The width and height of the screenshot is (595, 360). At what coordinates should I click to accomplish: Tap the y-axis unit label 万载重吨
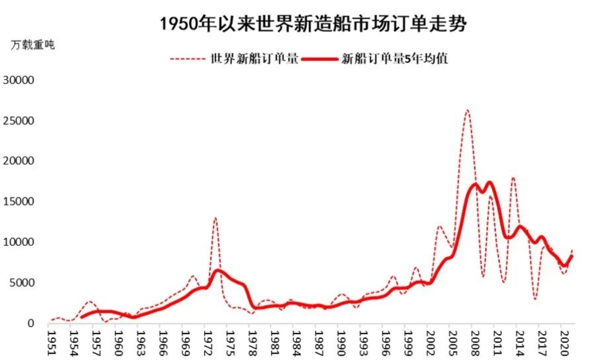coord(33,45)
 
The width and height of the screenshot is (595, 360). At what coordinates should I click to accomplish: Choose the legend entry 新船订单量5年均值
coord(395,59)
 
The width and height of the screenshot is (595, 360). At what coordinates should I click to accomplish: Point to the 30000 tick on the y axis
coord(18,80)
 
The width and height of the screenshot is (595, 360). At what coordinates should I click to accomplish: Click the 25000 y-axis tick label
coord(18,121)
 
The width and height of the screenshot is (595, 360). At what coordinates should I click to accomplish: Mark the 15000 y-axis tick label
coord(18,202)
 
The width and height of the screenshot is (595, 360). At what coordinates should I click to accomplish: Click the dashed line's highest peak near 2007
coord(467,110)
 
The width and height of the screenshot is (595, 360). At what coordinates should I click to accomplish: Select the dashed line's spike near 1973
coord(215,218)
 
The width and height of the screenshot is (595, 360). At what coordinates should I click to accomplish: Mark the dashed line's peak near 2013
coord(513,178)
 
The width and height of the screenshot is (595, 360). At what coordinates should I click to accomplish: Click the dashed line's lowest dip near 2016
coord(535,299)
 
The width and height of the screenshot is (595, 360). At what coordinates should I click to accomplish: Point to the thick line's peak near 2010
coord(489,183)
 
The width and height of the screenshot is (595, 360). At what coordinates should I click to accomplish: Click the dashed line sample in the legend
coord(187,59)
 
